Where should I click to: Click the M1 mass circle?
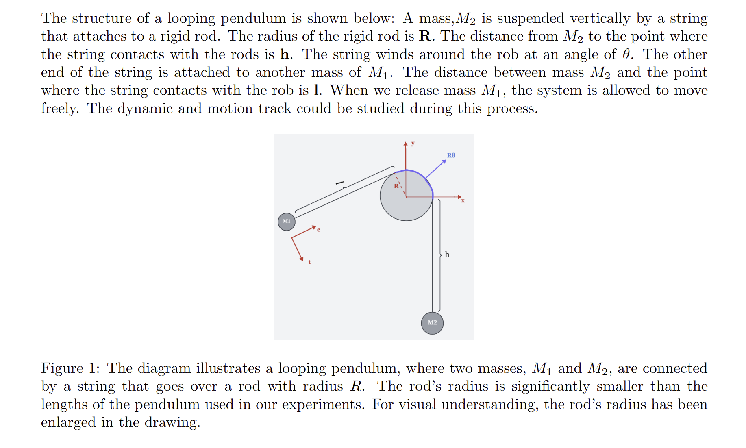287,222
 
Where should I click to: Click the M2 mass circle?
432,323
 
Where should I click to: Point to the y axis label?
413,143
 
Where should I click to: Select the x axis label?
463,200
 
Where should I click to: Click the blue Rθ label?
451,155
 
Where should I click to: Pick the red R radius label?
396,186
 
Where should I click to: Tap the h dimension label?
447,255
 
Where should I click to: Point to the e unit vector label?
318,230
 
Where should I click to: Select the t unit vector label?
309,262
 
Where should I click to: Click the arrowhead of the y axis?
405,144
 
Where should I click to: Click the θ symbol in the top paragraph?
626,54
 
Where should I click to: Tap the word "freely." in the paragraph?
60,109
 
